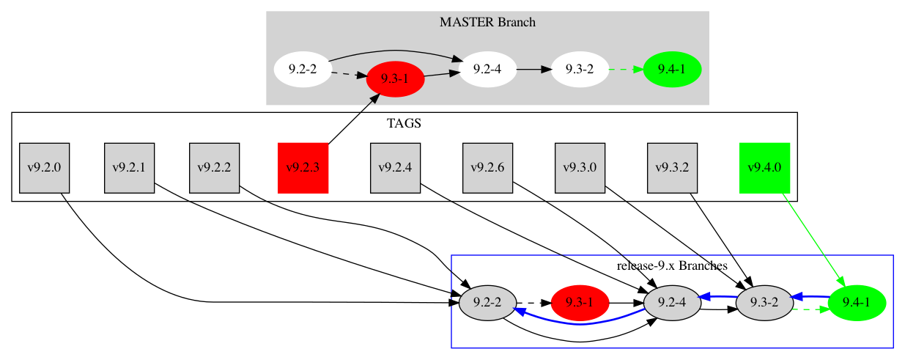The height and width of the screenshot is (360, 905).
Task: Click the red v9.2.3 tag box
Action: click(x=303, y=168)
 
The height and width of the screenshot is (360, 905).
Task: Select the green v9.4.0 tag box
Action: click(x=764, y=168)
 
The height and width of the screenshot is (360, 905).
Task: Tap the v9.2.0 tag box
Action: click(x=43, y=168)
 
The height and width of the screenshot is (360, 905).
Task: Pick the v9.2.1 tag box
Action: click(x=129, y=168)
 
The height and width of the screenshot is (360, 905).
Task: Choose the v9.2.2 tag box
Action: click(x=214, y=168)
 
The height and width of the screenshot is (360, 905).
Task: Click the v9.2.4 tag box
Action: click(x=395, y=168)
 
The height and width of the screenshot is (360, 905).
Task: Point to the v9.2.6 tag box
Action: click(x=487, y=168)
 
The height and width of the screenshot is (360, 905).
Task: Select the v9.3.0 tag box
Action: click(x=580, y=168)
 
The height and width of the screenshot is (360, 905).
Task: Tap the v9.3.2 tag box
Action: click(x=672, y=168)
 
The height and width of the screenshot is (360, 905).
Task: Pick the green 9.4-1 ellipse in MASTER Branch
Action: click(x=672, y=70)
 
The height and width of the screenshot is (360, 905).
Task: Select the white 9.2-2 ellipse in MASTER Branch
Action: click(x=303, y=70)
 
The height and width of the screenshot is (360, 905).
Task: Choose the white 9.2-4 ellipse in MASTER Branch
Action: click(x=487, y=70)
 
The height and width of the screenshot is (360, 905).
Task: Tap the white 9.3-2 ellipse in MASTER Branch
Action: click(x=580, y=70)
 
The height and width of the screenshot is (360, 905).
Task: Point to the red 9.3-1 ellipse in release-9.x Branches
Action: click(x=580, y=302)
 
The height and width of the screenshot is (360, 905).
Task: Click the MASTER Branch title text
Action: click(x=487, y=22)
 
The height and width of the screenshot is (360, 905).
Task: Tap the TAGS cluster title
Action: click(x=404, y=123)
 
